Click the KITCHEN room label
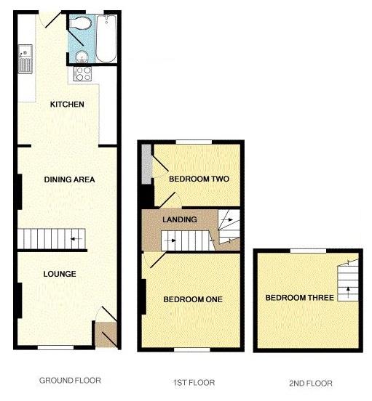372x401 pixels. pyautogui.click(x=67, y=105)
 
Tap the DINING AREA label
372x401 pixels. pyautogui.click(x=69, y=179)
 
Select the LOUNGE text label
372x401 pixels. pyautogui.click(x=60, y=274)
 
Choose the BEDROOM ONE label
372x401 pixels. pyautogui.click(x=192, y=299)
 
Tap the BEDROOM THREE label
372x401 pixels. pyautogui.click(x=299, y=298)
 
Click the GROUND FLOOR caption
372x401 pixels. pyautogui.click(x=70, y=380)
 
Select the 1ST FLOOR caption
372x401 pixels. pyautogui.click(x=193, y=382)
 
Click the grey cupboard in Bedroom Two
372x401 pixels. pyautogui.click(x=146, y=166)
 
